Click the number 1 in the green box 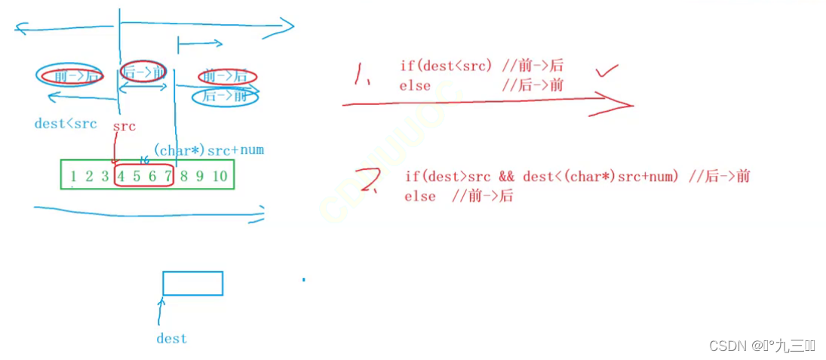point(73,177)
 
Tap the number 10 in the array point(219,177)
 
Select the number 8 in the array point(184,177)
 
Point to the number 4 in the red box point(121,177)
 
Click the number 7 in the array point(168,177)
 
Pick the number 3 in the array point(105,177)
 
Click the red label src point(124,127)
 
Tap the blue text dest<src point(66,124)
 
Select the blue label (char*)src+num point(209,149)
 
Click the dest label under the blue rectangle point(171,339)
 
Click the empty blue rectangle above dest point(192,283)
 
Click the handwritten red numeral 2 point(370,182)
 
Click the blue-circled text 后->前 point(224,96)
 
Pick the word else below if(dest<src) point(415,85)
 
